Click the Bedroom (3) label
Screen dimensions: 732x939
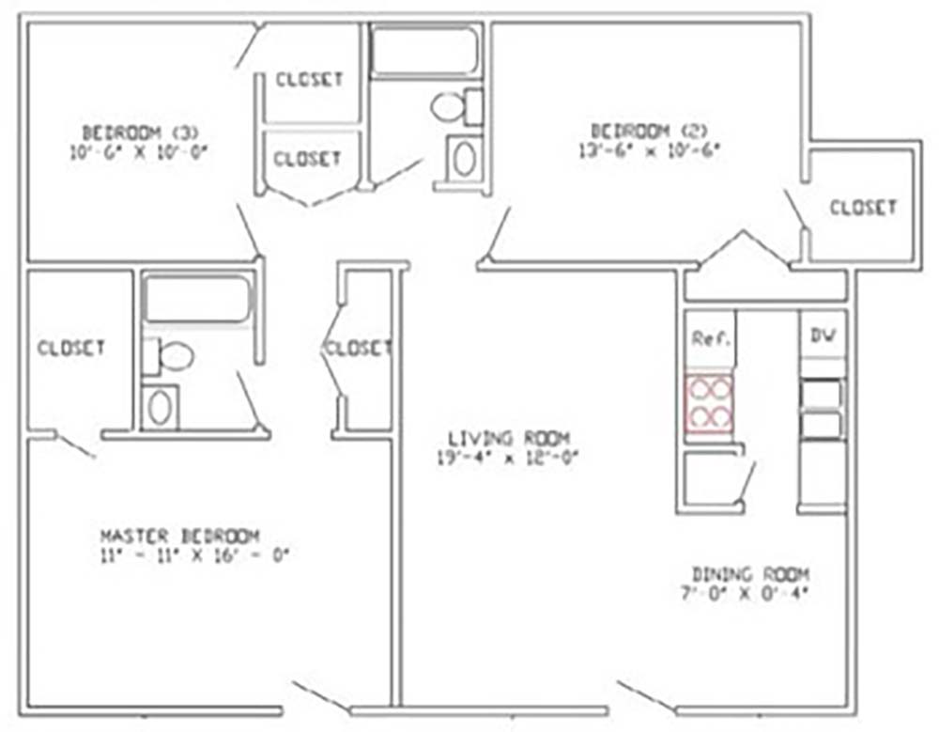(140, 131)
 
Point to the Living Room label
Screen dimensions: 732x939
(509, 438)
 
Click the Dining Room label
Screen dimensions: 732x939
(750, 573)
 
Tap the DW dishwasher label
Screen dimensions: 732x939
(823, 335)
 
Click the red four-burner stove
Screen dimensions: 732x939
(709, 402)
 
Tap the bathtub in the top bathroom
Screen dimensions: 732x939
(424, 51)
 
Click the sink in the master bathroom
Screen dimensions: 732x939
(160, 408)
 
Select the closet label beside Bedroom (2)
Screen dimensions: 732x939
(863, 207)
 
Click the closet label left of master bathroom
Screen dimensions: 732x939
(71, 348)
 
